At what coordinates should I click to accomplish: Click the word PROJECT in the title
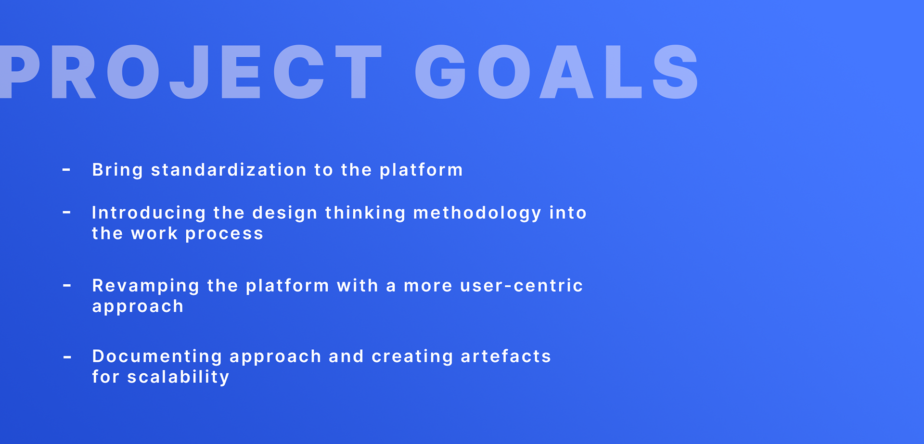[x=191, y=72]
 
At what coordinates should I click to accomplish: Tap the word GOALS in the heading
[x=557, y=72]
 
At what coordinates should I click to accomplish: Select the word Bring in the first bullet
[x=117, y=170]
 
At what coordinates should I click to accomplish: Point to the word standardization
[x=229, y=170]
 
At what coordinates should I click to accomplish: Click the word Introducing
[x=149, y=213]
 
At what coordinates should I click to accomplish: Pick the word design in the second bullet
[x=285, y=213]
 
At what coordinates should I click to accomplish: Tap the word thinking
[x=365, y=213]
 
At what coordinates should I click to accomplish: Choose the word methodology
[x=477, y=213]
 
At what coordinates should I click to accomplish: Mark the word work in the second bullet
[x=154, y=234]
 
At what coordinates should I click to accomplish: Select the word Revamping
[x=146, y=286]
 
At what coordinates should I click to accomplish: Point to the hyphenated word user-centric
[x=522, y=286]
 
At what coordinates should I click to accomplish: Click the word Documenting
[x=157, y=356]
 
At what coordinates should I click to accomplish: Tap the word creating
[x=412, y=357]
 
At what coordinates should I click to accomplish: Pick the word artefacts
[x=506, y=356]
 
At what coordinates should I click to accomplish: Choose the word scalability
[x=178, y=377]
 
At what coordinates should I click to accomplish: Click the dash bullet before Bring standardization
[x=66, y=170]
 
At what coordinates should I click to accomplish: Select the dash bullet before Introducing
[x=66, y=212]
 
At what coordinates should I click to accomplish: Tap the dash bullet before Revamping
[x=67, y=285]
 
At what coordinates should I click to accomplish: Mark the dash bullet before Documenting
[x=67, y=357]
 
